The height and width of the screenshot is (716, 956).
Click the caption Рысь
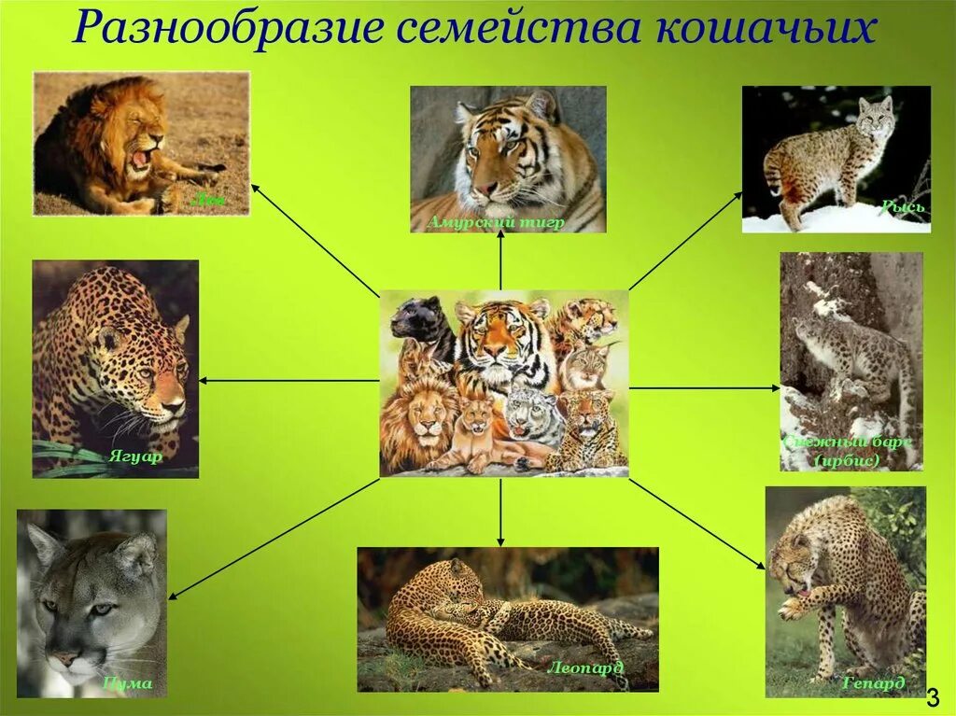point(902,206)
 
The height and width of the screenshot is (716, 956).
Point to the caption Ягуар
point(134,457)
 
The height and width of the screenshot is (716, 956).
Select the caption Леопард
point(586,668)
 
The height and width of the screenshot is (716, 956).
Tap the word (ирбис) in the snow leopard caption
point(847,460)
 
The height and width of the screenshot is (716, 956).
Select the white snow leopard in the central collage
point(532,416)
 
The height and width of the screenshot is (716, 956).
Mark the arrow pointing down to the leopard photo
point(501,512)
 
